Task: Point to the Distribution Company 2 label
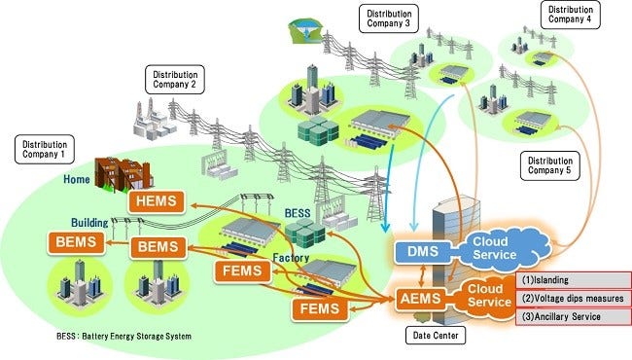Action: pyautogui.click(x=175, y=79)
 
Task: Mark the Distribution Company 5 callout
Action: pyautogui.click(x=551, y=165)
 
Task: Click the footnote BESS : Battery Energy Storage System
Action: pyautogui.click(x=109, y=336)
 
